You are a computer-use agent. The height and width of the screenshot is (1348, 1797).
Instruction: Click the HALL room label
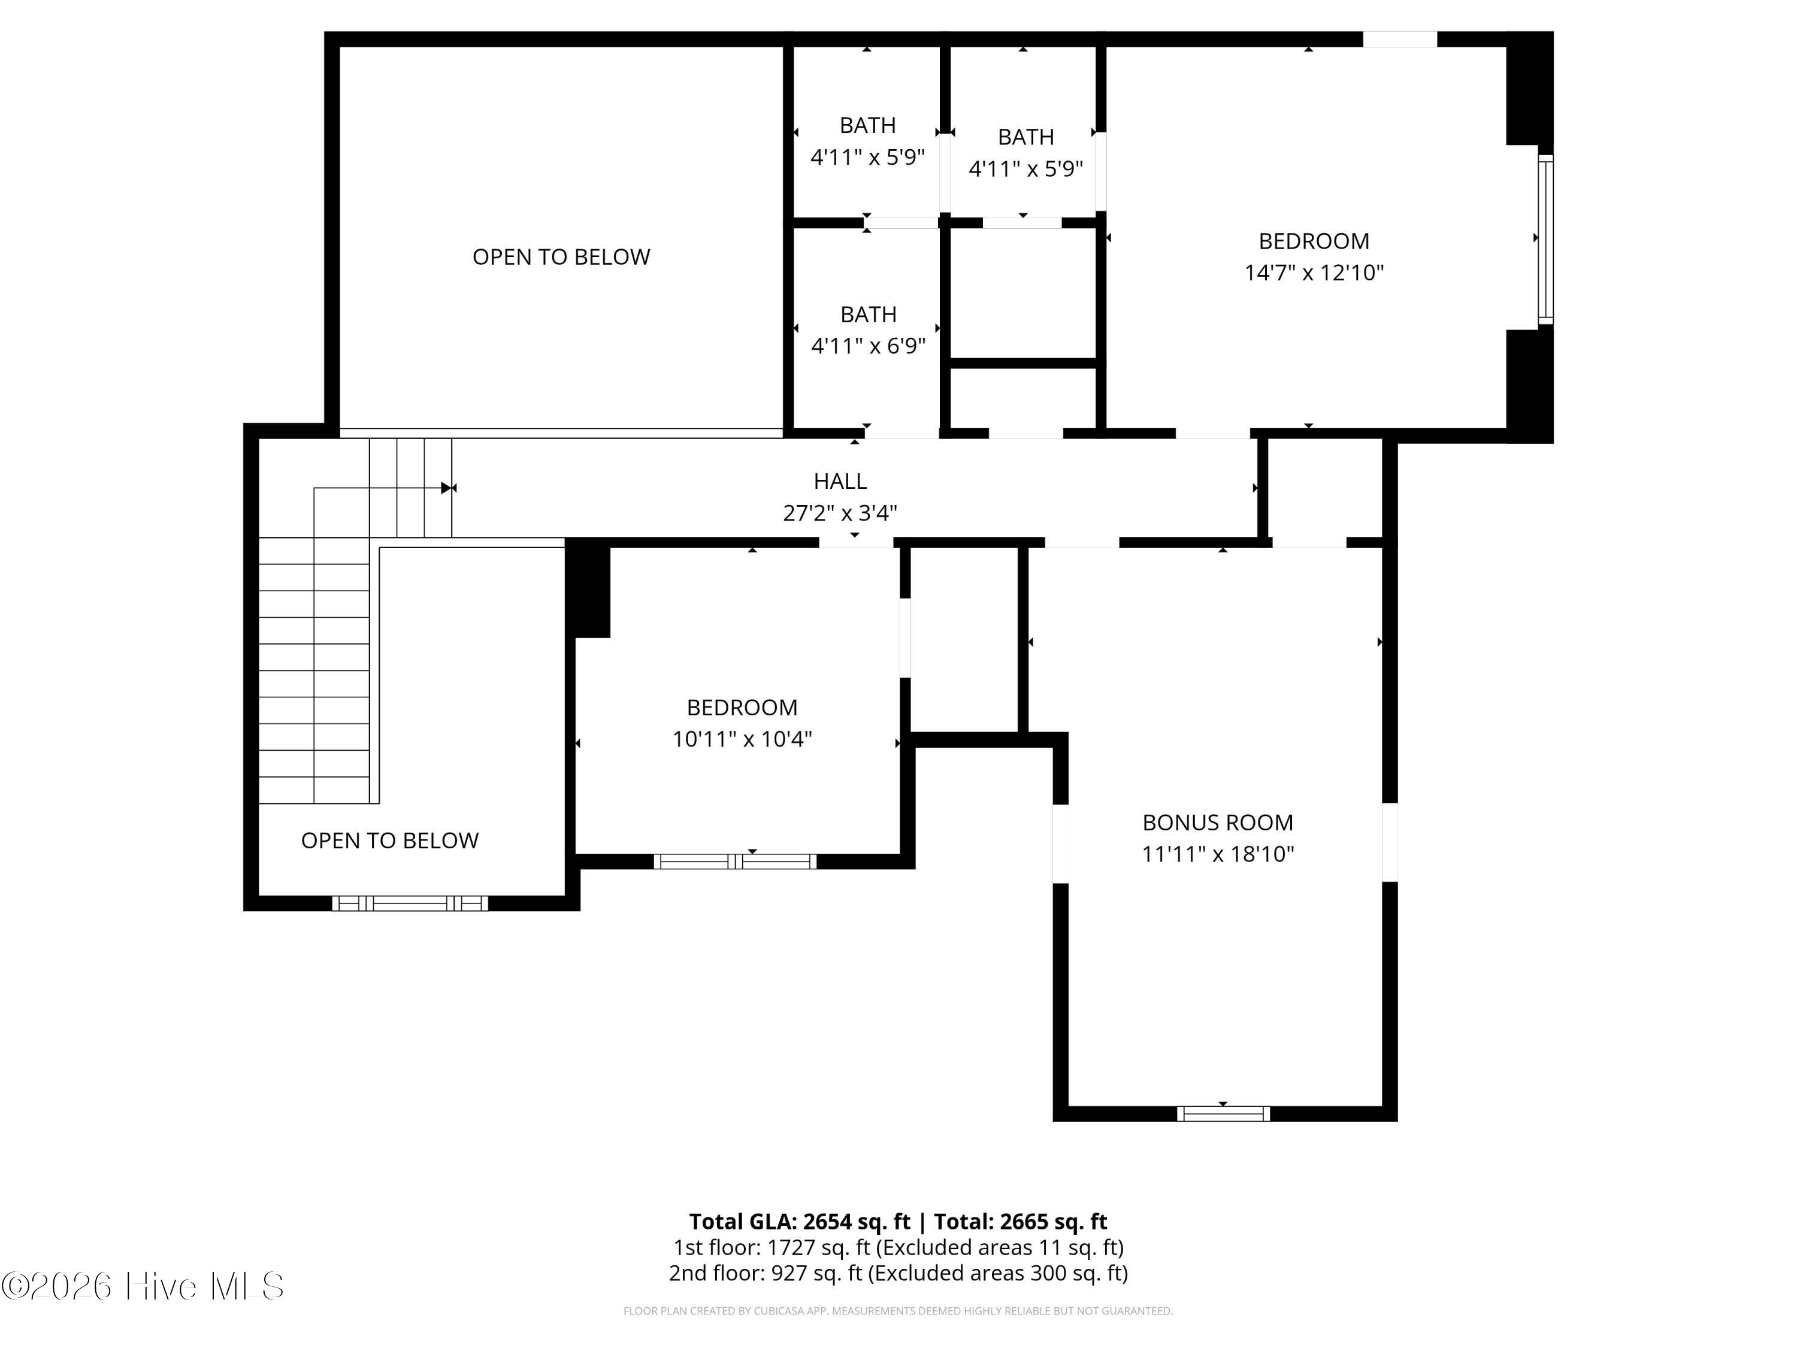(x=840, y=481)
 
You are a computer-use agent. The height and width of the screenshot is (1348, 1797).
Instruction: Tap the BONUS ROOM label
(x=1218, y=823)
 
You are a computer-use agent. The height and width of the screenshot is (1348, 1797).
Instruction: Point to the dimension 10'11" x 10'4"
(x=742, y=739)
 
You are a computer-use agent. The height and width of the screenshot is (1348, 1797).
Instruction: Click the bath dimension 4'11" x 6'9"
(x=869, y=346)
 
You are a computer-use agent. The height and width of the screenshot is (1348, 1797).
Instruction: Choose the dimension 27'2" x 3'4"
(x=840, y=513)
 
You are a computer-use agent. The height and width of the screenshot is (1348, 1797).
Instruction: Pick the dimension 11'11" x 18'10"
(x=1218, y=854)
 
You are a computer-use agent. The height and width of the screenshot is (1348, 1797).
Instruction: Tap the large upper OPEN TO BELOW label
(x=561, y=257)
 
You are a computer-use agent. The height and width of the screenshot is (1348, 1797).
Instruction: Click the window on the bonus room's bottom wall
(x=1223, y=1114)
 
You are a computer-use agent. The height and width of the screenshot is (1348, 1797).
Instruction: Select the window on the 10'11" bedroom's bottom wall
(x=735, y=862)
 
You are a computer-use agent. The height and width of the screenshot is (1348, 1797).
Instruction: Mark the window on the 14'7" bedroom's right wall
(x=1546, y=239)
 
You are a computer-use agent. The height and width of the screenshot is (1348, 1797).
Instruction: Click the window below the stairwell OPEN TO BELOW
(x=410, y=903)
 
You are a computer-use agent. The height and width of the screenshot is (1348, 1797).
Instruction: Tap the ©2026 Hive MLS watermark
(x=143, y=1286)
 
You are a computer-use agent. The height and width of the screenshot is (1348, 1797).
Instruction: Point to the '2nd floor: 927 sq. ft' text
(x=766, y=1273)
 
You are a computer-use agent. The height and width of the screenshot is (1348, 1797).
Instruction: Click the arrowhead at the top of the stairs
(x=446, y=488)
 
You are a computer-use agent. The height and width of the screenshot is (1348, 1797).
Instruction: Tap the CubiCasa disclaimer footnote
(x=898, y=1311)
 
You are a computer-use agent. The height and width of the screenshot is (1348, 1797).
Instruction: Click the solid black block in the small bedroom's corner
(x=588, y=588)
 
